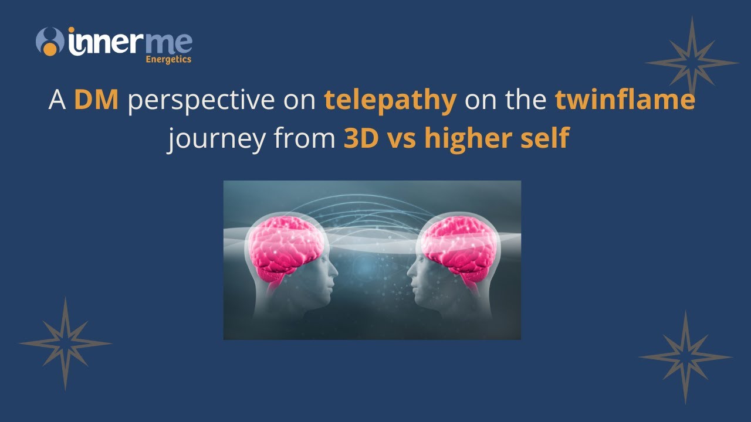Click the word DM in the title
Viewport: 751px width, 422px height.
coord(97,101)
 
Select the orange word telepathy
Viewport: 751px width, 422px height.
coord(391,101)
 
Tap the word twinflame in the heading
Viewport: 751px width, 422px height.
coord(625,101)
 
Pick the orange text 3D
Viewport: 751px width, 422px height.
coord(360,139)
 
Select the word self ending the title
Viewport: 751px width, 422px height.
coord(545,139)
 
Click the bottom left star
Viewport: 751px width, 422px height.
coord(65,343)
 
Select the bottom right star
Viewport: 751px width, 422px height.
coord(685,356)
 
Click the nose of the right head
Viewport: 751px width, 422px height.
coord(410,271)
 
